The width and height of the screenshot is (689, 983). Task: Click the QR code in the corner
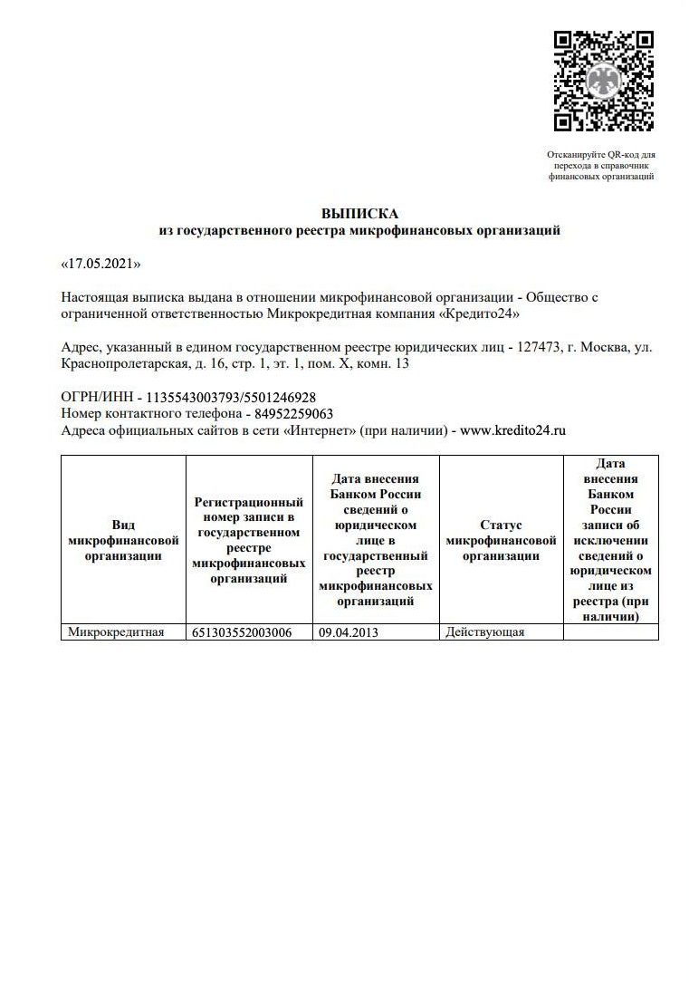coord(603,82)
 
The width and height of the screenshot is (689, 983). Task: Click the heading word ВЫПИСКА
coord(359,214)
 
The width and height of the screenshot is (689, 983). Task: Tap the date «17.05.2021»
coord(100,264)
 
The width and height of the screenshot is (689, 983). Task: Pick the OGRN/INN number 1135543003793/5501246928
coord(225,398)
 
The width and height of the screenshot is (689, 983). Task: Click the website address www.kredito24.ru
coord(512,431)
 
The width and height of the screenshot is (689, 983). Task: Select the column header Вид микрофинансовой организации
coord(123,541)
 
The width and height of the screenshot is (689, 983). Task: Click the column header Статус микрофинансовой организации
coord(501,541)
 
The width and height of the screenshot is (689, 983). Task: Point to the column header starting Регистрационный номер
coord(248,541)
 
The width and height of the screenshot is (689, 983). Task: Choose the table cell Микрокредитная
coord(116,632)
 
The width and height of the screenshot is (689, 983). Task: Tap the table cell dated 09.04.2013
coord(349,632)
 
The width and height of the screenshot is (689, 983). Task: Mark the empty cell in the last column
coord(610,632)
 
